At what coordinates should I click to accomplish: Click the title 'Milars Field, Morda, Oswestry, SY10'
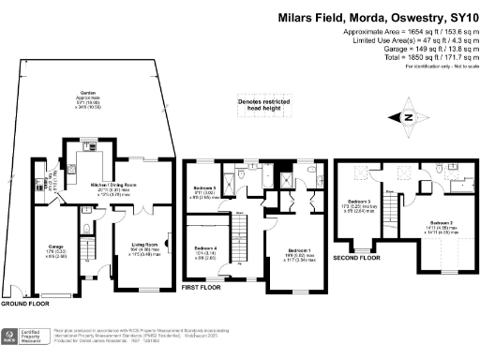(x=376, y=17)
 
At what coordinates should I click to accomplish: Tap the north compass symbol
(x=407, y=117)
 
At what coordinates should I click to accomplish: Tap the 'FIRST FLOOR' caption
(x=201, y=288)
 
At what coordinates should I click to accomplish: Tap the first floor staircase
(x=242, y=229)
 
